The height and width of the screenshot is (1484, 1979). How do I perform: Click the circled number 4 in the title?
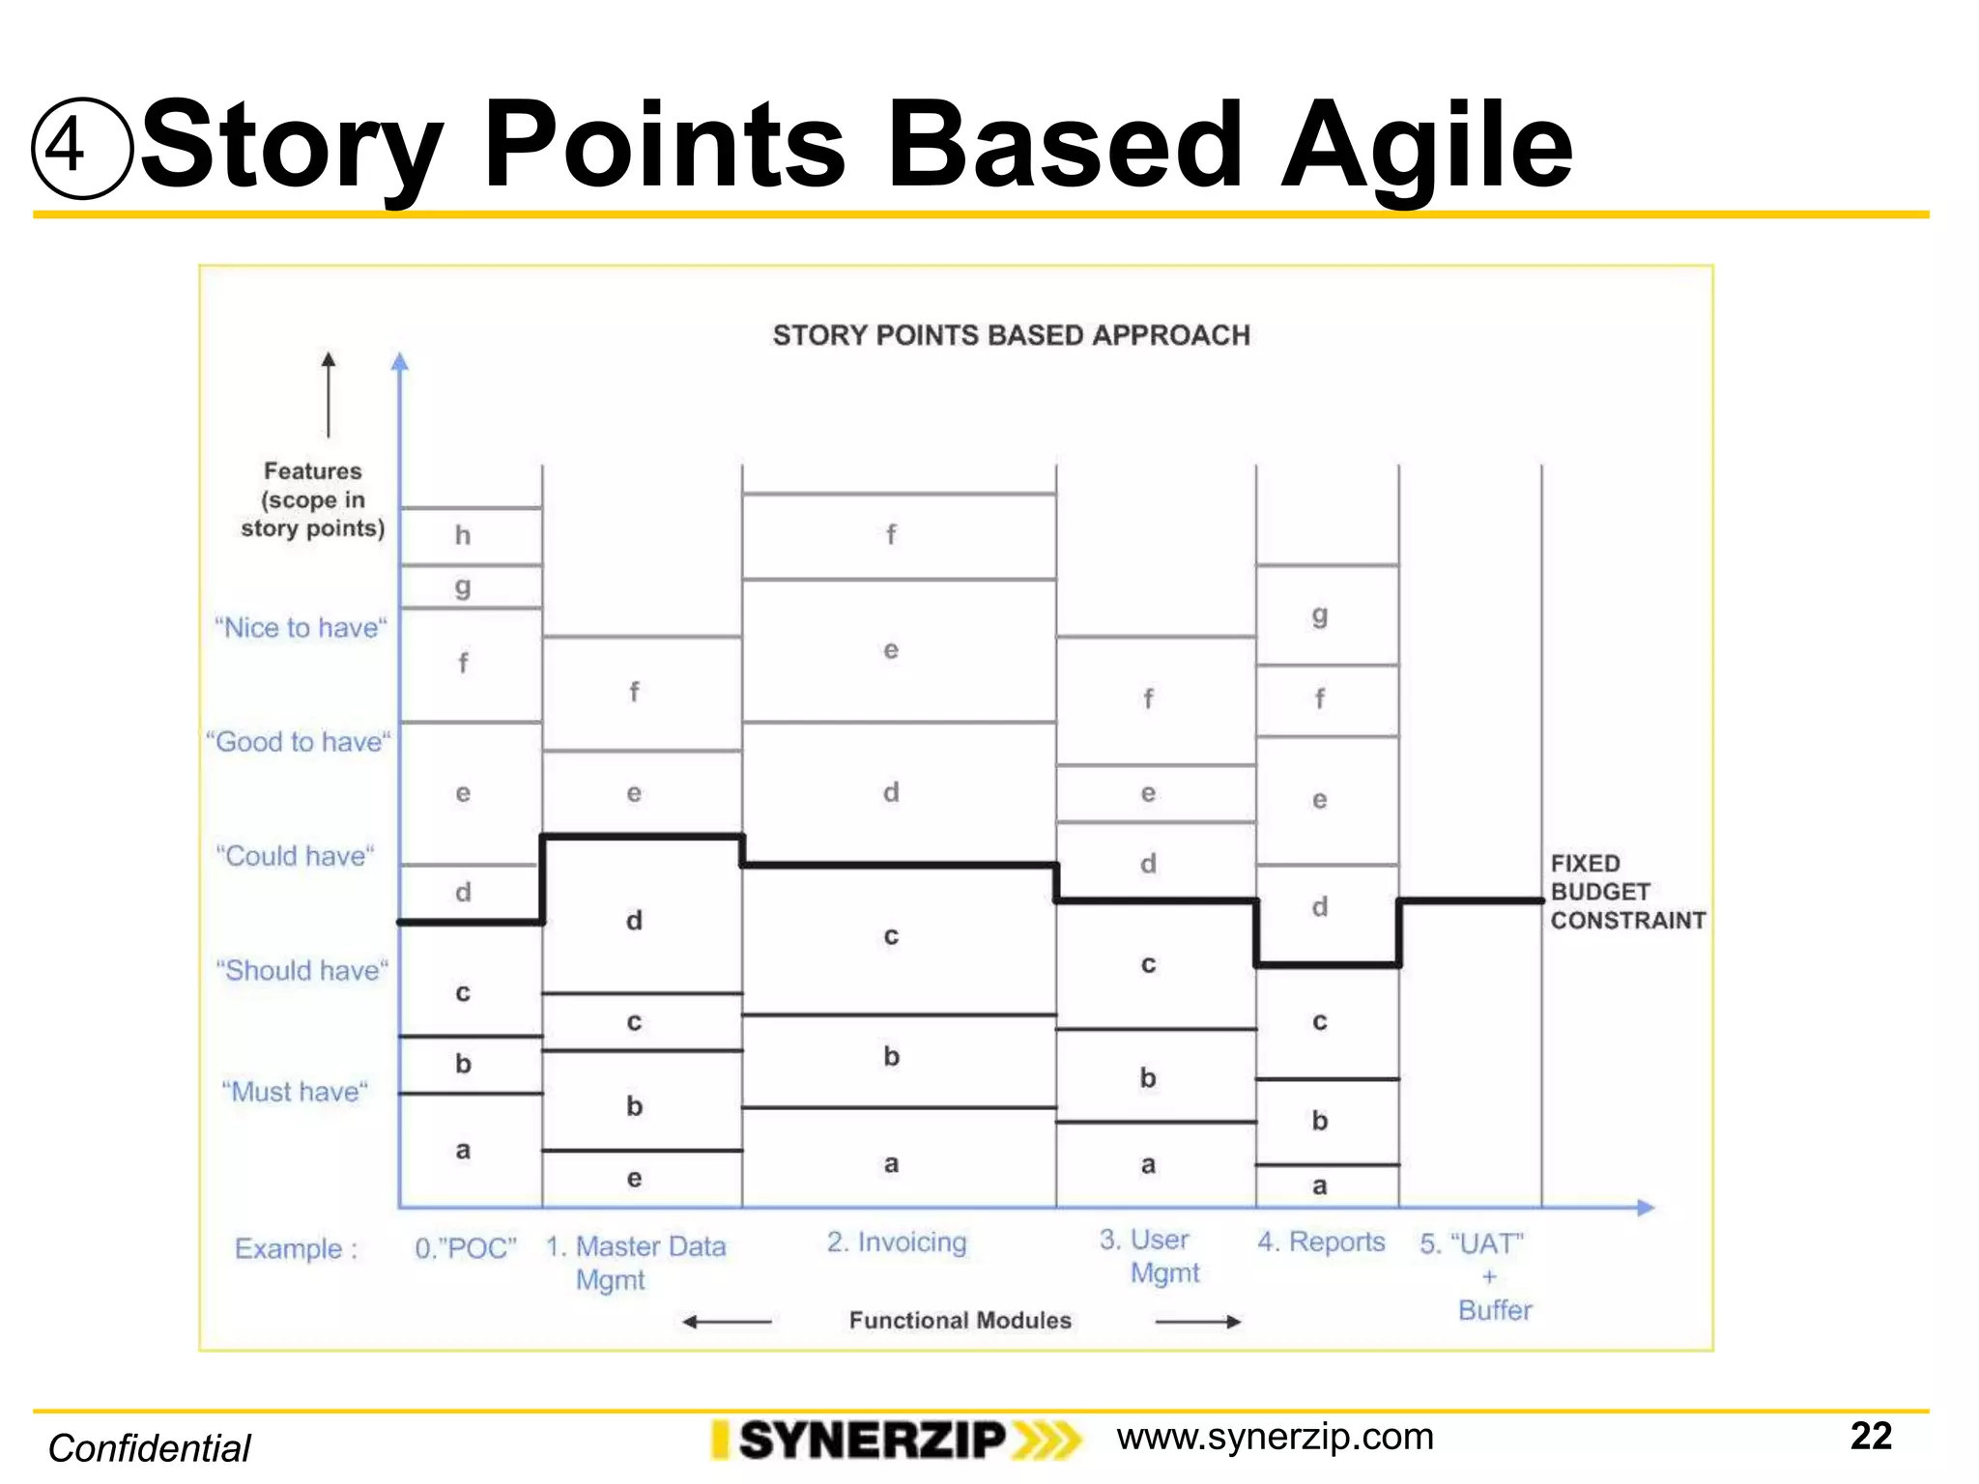pyautogui.click(x=81, y=148)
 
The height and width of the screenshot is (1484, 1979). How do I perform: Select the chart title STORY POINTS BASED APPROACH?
pyautogui.click(x=1011, y=335)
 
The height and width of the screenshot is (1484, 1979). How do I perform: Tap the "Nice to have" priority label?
pyautogui.click(x=301, y=628)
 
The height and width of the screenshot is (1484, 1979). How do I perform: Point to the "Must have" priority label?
pyautogui.click(x=295, y=1092)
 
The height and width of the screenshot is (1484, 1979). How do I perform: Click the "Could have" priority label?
pyautogui.click(x=295, y=856)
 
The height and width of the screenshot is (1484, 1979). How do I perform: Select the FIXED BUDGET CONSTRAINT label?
pyautogui.click(x=1626, y=892)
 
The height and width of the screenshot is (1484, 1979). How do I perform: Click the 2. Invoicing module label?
pyautogui.click(x=896, y=1241)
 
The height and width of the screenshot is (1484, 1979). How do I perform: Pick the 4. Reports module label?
pyautogui.click(x=1321, y=1241)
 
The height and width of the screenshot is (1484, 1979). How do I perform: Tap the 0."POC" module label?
pyautogui.click(x=466, y=1248)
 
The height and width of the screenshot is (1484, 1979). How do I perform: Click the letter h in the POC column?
pyautogui.click(x=463, y=535)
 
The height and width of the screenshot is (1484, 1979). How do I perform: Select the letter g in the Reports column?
pyautogui.click(x=1320, y=614)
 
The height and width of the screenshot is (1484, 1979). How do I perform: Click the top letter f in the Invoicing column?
pyautogui.click(x=891, y=534)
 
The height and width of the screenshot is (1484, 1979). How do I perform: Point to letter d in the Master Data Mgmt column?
pyautogui.click(x=634, y=921)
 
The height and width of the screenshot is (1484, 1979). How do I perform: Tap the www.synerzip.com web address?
pyautogui.click(x=1275, y=1437)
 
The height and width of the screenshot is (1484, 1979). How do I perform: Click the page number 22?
pyautogui.click(x=1870, y=1436)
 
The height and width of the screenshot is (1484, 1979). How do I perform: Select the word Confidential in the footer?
pyautogui.click(x=150, y=1448)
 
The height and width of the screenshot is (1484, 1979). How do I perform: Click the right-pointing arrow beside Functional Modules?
pyautogui.click(x=1197, y=1321)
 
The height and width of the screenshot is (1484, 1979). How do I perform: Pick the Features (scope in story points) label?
pyautogui.click(x=312, y=499)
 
